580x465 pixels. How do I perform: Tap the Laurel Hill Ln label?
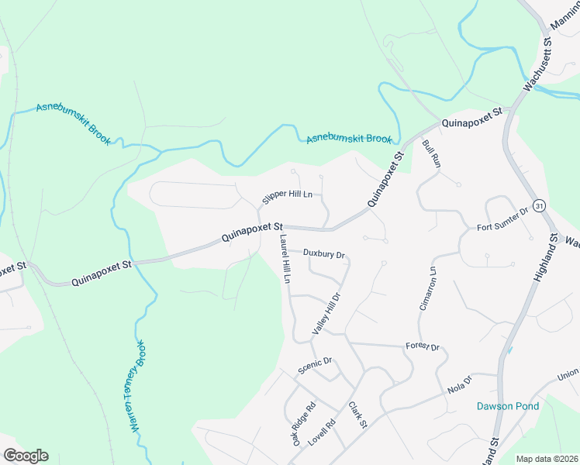(x=285, y=258)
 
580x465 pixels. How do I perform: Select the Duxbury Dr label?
(x=323, y=253)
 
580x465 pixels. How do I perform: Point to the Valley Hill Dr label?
(x=326, y=314)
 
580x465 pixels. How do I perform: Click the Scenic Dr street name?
(x=316, y=366)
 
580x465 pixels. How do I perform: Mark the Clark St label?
(x=357, y=417)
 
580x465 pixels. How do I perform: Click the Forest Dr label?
(x=423, y=347)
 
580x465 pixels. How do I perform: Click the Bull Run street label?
(x=431, y=156)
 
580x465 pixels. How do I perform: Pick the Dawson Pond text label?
(x=506, y=405)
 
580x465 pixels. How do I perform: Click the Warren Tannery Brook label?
(x=137, y=385)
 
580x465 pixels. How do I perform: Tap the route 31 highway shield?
(x=540, y=205)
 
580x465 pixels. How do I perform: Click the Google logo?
(x=26, y=456)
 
